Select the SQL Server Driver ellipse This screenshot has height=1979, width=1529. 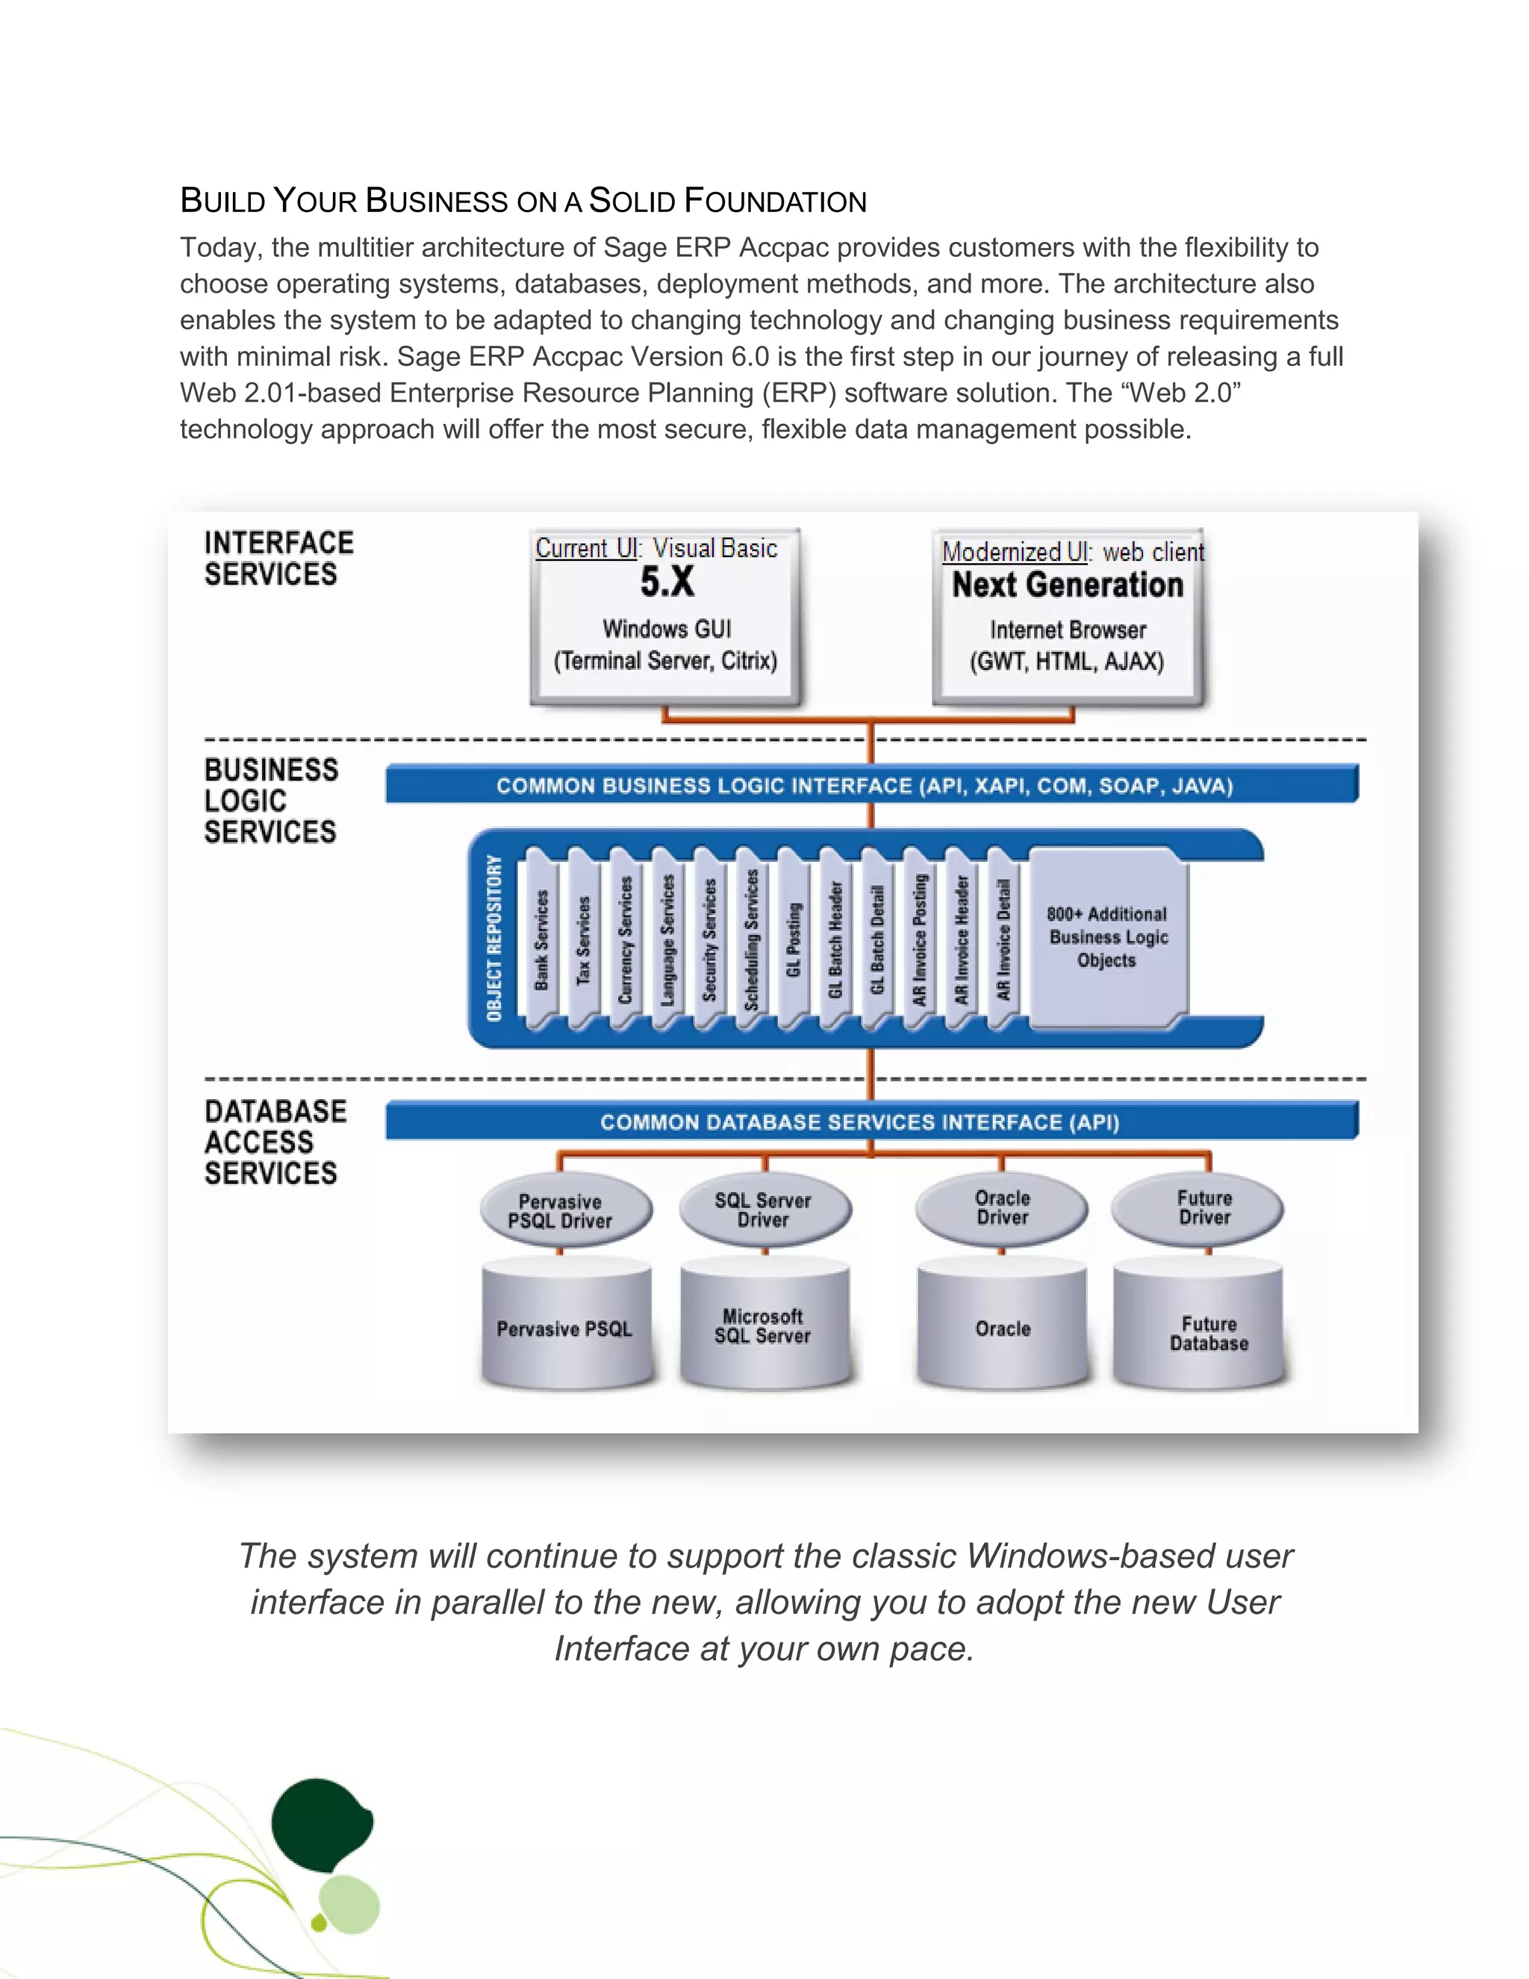coord(764,1210)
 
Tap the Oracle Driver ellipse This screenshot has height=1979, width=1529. coord(1002,1208)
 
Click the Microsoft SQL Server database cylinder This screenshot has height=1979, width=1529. coord(764,1326)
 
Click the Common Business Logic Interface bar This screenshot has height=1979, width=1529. coord(871,785)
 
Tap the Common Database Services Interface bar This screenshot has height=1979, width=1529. coord(871,1122)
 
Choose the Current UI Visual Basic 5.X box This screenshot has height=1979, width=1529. coord(666,615)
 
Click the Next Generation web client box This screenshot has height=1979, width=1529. coord(1069,616)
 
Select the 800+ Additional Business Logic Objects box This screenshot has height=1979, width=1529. coord(1108,937)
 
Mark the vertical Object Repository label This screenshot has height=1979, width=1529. coord(494,938)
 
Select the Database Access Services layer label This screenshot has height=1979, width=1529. coord(275,1142)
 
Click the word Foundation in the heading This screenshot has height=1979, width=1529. coord(776,201)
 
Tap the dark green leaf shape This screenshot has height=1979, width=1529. coord(320,1826)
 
